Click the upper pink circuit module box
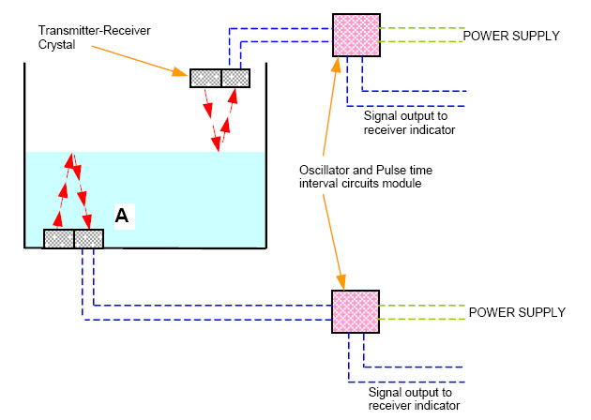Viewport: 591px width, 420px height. tap(356, 37)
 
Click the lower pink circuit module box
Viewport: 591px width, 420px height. tap(356, 313)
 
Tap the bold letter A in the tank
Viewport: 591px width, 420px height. tap(121, 217)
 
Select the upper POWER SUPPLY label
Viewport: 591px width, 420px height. tap(510, 36)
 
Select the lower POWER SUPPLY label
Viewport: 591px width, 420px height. tap(516, 312)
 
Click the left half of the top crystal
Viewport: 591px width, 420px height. tap(205, 79)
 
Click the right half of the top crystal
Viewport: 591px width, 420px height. tap(235, 79)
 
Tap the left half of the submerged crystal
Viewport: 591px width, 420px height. tap(59, 238)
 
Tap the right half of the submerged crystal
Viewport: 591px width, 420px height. tap(88, 238)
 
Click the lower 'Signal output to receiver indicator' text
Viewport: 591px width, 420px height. tap(413, 399)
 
